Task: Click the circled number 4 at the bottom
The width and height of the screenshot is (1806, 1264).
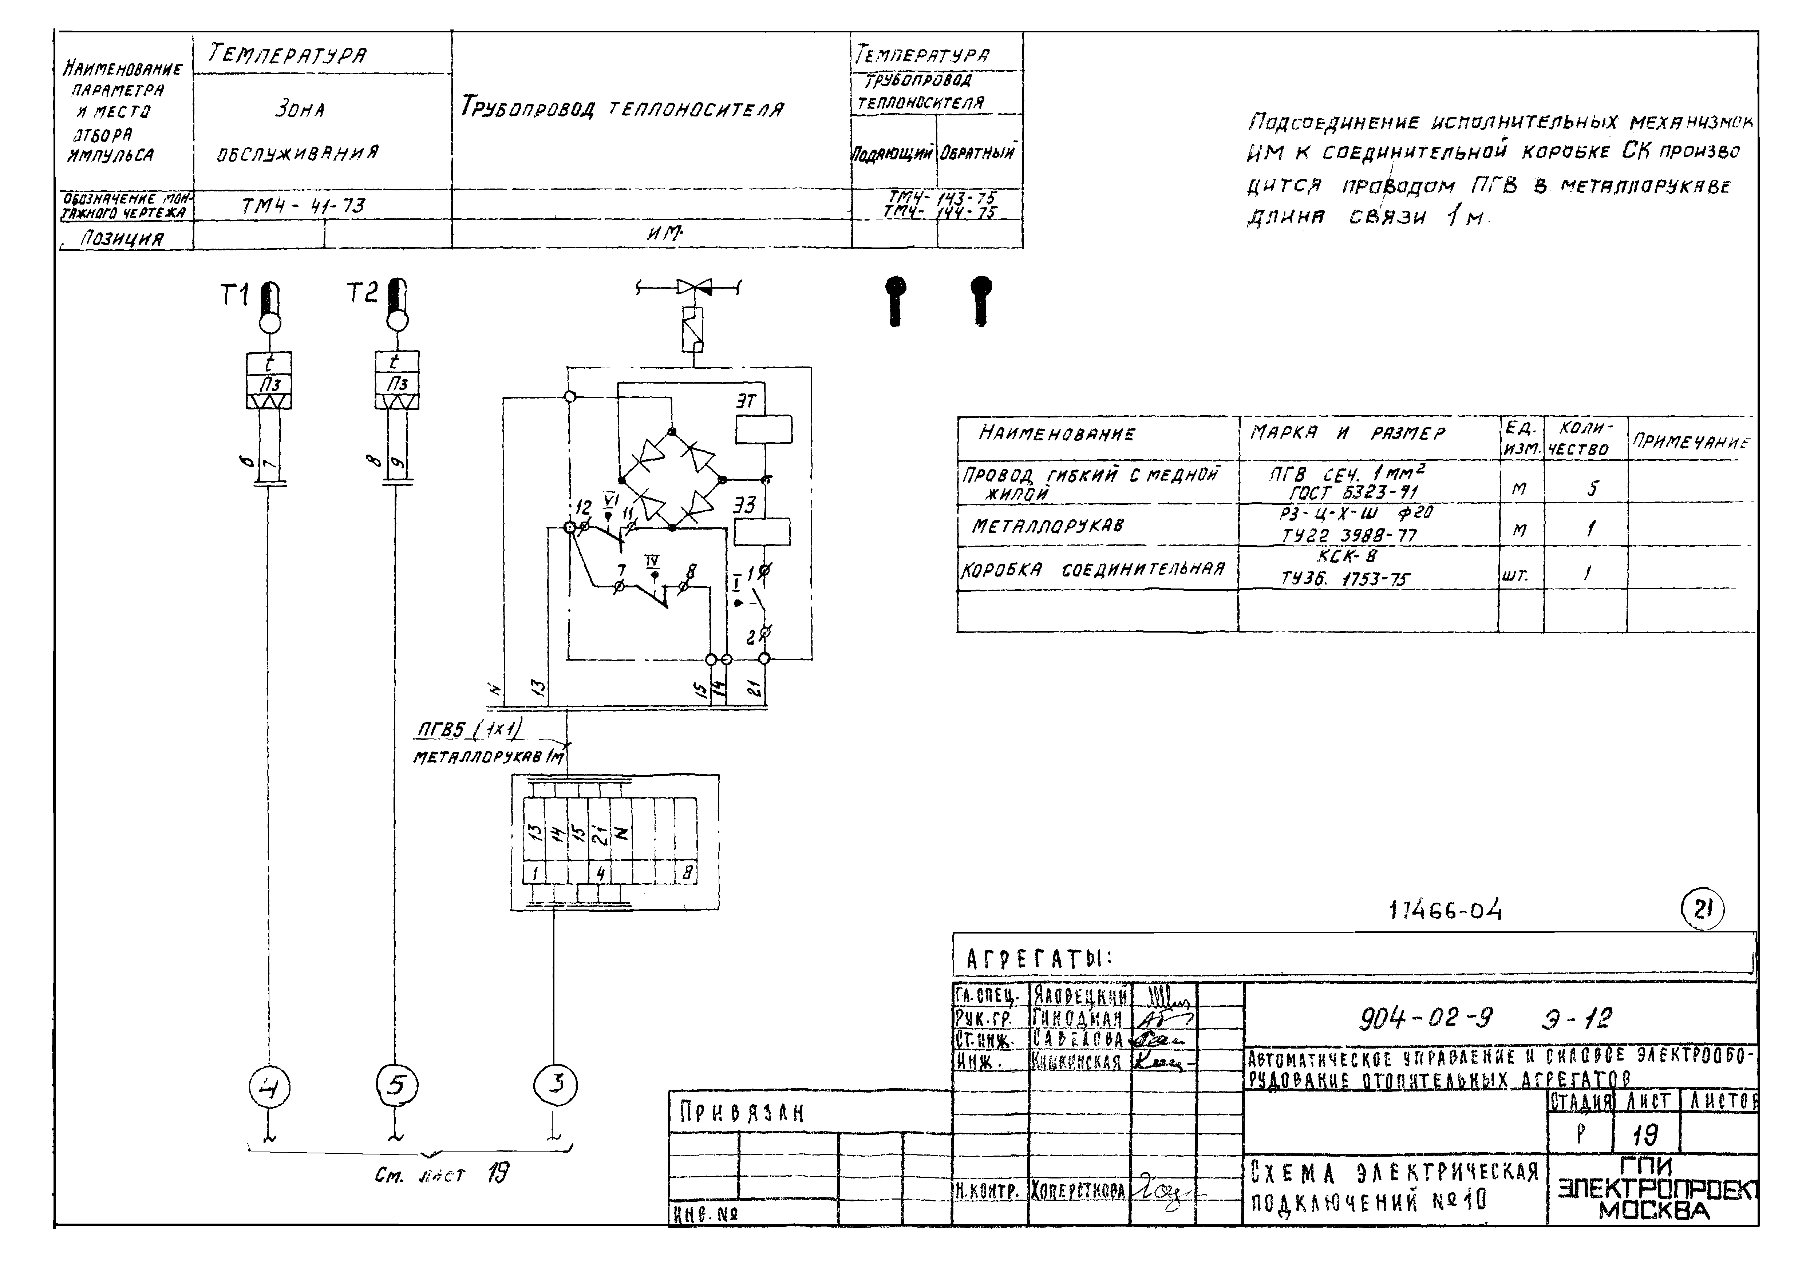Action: coord(269,1089)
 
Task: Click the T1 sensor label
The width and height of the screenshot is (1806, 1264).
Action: coord(234,296)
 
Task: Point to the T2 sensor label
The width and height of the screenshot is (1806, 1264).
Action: coord(362,293)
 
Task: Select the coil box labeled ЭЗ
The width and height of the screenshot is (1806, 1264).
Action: coord(762,532)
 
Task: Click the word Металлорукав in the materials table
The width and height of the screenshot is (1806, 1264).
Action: coord(1047,526)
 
